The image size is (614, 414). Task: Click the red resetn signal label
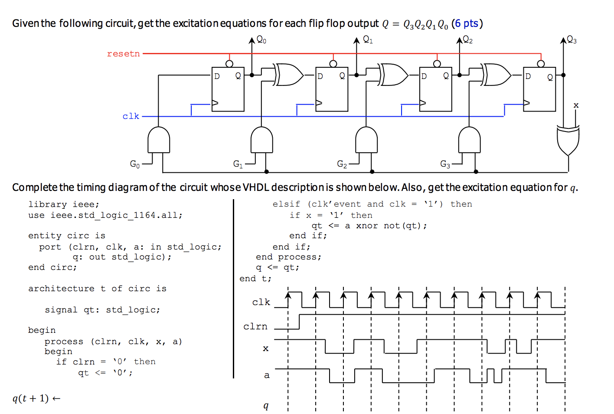[123, 54]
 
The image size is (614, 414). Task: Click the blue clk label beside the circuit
[131, 116]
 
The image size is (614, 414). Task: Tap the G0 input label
[135, 164]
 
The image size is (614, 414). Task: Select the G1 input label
[238, 164]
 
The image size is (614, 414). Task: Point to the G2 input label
[342, 164]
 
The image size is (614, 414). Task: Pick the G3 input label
[445, 164]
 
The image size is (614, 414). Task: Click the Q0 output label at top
[261, 40]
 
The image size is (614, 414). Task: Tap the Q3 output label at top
[572, 40]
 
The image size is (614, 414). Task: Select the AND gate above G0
[159, 140]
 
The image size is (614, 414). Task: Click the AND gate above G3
[469, 140]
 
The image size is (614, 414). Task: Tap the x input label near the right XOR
[576, 105]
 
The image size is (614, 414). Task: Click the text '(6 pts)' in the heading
[467, 23]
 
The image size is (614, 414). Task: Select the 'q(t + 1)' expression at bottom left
[30, 398]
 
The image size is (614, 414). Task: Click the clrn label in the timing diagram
[255, 326]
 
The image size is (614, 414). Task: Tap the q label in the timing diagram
[266, 406]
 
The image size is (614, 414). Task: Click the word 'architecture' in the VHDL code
[61, 289]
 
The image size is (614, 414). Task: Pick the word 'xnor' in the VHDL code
[367, 226]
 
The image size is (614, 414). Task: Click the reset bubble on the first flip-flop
[229, 64]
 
